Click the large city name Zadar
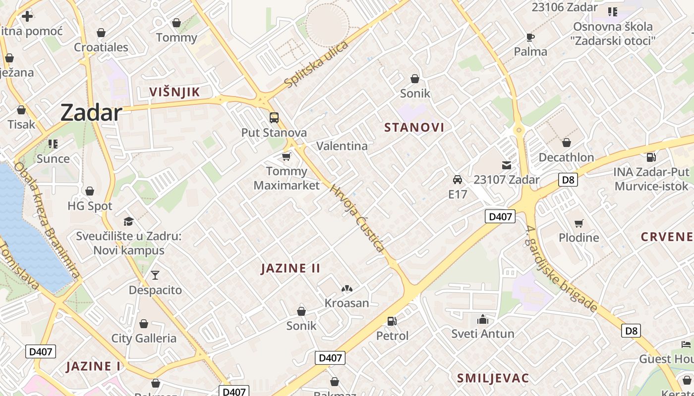point(91,113)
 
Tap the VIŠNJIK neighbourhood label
point(174,92)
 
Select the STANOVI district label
point(414,127)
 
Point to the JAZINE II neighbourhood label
point(290,268)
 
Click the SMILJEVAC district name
point(493,378)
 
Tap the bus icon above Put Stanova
point(274,118)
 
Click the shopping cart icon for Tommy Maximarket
point(286,157)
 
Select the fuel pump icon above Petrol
point(392,321)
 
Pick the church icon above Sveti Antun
point(483,319)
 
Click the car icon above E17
point(458,180)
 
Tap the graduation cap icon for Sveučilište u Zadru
point(129,221)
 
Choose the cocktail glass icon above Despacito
point(155,275)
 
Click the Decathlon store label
point(566,157)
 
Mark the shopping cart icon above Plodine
point(578,223)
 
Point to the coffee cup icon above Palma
point(530,37)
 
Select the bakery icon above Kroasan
point(347,288)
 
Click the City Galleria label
point(144,338)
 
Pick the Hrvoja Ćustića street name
point(357,218)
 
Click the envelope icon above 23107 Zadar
point(507,165)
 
